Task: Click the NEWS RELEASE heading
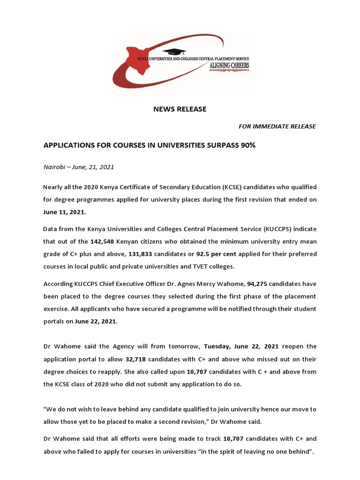[180, 109]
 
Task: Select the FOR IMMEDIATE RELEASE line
[277, 127]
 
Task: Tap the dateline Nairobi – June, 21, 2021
[79, 167]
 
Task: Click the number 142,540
[104, 241]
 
